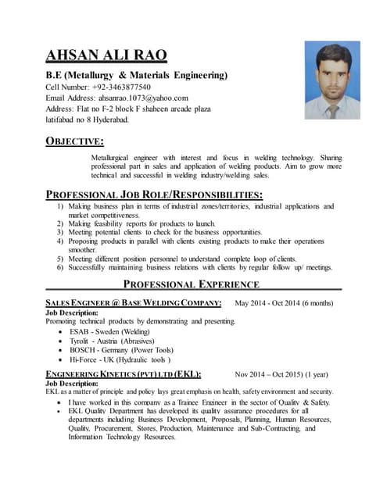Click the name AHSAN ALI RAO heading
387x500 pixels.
pos(106,55)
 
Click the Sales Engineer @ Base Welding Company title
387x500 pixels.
pos(134,303)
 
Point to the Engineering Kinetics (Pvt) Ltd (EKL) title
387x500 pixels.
pos(124,374)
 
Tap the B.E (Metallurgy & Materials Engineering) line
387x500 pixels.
pos(137,75)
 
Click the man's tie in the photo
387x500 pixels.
pos(331,110)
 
